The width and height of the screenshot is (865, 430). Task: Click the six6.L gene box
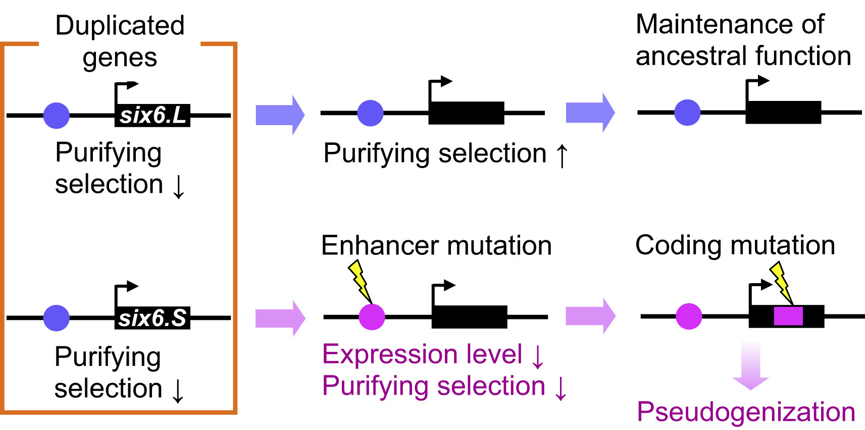pyautogui.click(x=152, y=116)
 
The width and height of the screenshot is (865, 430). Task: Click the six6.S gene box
pyautogui.click(x=152, y=318)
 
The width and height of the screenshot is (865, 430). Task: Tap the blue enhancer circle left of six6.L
pyautogui.click(x=57, y=116)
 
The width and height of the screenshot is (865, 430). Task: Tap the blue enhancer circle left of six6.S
pyautogui.click(x=57, y=318)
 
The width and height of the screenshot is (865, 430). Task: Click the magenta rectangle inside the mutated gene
pyautogui.click(x=788, y=316)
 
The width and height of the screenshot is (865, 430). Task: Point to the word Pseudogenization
pyautogui.click(x=746, y=412)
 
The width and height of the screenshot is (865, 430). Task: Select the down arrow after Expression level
pyautogui.click(x=538, y=356)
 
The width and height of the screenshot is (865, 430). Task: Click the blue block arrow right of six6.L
pyautogui.click(x=280, y=115)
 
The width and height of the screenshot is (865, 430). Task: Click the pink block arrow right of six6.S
pyautogui.click(x=280, y=318)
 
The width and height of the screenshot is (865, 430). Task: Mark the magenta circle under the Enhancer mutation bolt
pyautogui.click(x=372, y=317)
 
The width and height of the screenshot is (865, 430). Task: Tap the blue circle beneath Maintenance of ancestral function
pyautogui.click(x=687, y=112)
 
